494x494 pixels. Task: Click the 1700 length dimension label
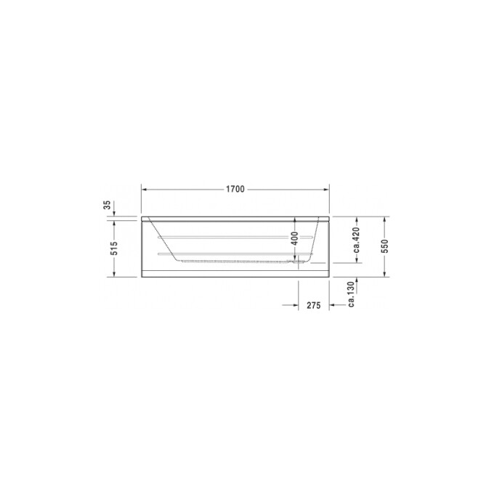234,189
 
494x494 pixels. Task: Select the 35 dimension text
108,206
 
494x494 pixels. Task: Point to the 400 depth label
294,238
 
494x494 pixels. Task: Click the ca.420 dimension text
356,240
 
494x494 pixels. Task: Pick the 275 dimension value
314,306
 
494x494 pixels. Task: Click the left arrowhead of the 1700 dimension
143,189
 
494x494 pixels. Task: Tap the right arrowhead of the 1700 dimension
328,189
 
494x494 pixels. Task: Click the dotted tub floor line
240,261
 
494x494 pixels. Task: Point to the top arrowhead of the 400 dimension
294,221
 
